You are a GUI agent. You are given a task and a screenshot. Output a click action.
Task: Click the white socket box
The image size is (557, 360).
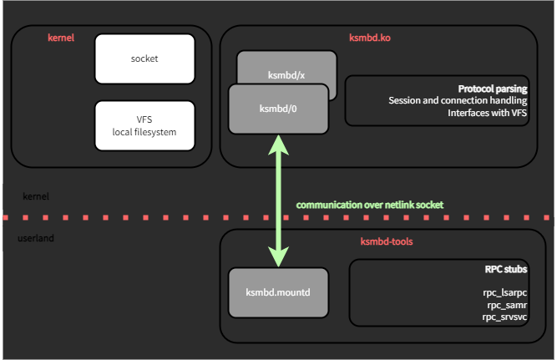pyautogui.click(x=144, y=58)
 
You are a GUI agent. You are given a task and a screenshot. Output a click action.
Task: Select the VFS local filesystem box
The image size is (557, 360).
pyautogui.click(x=144, y=125)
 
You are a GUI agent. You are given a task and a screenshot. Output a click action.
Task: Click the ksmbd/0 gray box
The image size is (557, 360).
pyautogui.click(x=279, y=109)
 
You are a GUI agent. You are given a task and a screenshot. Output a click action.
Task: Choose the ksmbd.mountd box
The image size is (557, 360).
pyautogui.click(x=278, y=292)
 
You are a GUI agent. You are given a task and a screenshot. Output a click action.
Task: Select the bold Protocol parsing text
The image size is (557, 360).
pyautogui.click(x=493, y=89)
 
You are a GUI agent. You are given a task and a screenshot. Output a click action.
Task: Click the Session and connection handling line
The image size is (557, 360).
pyautogui.click(x=458, y=100)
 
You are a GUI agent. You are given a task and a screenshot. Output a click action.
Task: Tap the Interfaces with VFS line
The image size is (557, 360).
pyautogui.click(x=488, y=113)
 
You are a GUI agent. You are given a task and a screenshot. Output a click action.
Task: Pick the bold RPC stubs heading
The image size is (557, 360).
pyautogui.click(x=505, y=271)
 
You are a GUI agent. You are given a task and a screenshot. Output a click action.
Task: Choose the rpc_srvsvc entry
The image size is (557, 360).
pyautogui.click(x=504, y=317)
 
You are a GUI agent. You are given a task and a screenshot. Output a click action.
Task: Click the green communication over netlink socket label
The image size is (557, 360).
pyautogui.click(x=369, y=205)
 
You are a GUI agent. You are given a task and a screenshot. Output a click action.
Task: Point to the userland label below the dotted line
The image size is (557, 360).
pyautogui.click(x=36, y=240)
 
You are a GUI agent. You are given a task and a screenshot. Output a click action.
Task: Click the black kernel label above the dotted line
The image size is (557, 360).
pyautogui.click(x=35, y=196)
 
